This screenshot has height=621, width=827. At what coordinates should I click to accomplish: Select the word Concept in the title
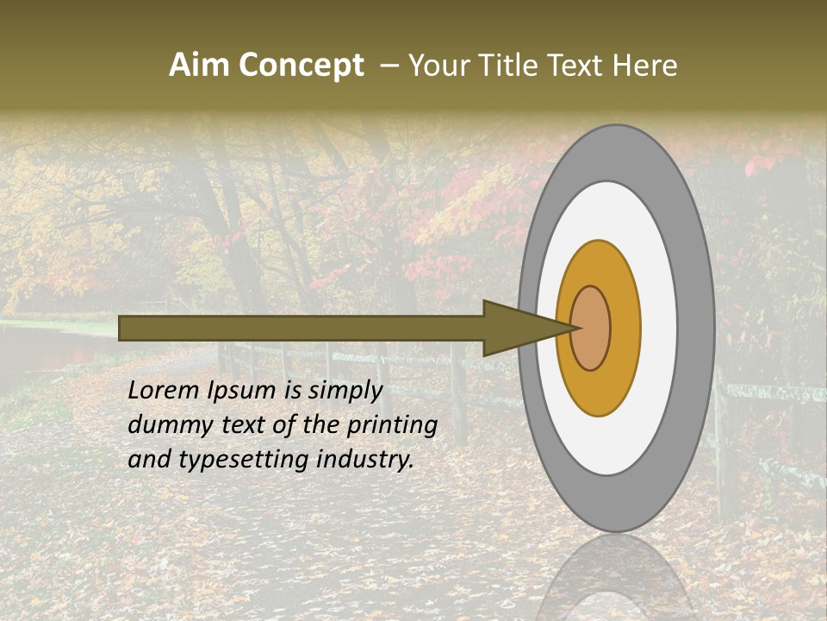(301, 66)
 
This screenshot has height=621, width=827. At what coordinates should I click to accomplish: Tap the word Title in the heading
(510, 66)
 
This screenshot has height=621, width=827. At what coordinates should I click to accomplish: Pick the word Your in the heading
(438, 66)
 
